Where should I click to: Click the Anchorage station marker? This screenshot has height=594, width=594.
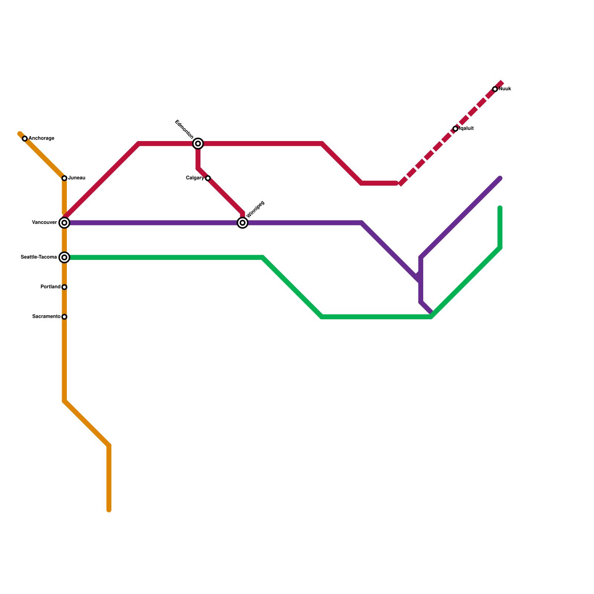pyautogui.click(x=25, y=139)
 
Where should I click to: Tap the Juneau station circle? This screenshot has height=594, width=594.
pyautogui.click(x=64, y=178)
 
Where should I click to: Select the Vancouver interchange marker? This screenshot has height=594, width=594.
pyautogui.click(x=64, y=223)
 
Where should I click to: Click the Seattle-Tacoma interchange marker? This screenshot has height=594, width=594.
pyautogui.click(x=64, y=257)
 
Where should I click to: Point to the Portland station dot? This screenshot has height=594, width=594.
pyautogui.click(x=64, y=287)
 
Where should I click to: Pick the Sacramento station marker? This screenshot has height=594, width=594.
pyautogui.click(x=64, y=317)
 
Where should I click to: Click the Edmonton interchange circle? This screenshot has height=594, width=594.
pyautogui.click(x=198, y=143)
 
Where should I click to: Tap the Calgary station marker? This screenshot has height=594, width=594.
pyautogui.click(x=208, y=178)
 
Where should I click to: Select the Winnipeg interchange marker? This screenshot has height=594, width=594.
pyautogui.click(x=242, y=223)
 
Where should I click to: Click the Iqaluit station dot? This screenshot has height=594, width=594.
pyautogui.click(x=456, y=129)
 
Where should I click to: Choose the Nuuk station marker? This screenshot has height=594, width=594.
pyautogui.click(x=495, y=89)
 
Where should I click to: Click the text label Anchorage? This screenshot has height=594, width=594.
pyautogui.click(x=41, y=138)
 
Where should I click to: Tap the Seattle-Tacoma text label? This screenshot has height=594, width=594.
pyautogui.click(x=39, y=257)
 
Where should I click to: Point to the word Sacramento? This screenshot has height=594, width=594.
pyautogui.click(x=46, y=317)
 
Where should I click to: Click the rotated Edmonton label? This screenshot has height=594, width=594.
pyautogui.click(x=184, y=129)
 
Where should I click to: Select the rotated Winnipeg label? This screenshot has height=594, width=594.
pyautogui.click(x=255, y=209)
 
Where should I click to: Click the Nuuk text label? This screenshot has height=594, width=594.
pyautogui.click(x=505, y=89)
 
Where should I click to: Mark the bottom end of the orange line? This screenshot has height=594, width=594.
pyautogui.click(x=109, y=510)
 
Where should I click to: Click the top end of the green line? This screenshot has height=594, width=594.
pyautogui.click(x=500, y=208)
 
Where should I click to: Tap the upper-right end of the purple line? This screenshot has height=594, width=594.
pyautogui.click(x=500, y=179)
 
